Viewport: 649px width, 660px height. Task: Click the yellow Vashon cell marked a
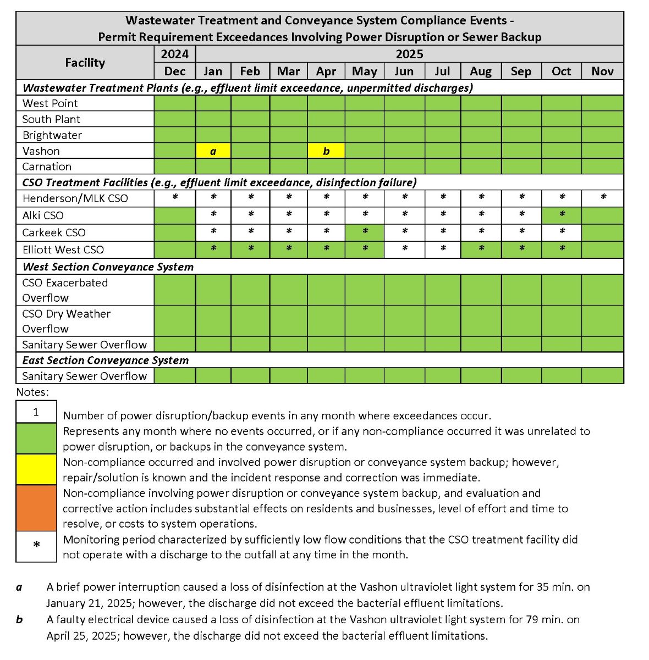213,151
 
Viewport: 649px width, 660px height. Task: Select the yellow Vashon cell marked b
326,151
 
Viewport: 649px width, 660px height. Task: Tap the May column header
364,71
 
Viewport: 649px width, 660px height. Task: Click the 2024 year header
174,54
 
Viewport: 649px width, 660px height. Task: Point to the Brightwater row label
52,135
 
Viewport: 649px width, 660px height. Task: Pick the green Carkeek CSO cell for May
364,232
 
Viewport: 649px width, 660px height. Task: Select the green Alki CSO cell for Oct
561,215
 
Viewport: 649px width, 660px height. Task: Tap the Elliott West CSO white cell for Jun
404,249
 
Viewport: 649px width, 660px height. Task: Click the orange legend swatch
36,508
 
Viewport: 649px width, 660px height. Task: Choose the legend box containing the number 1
36,412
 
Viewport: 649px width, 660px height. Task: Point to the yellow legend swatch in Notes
36,469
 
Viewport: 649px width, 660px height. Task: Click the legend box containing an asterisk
36,546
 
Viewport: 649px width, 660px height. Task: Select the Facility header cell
85,63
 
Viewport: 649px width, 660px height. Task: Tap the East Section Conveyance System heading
106,360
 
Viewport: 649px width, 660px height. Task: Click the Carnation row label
47,167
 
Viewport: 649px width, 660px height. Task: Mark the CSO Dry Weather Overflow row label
66,321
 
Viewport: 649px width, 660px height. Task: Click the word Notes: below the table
32,392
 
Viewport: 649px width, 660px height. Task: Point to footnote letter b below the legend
19,620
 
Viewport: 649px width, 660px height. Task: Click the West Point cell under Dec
174,103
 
